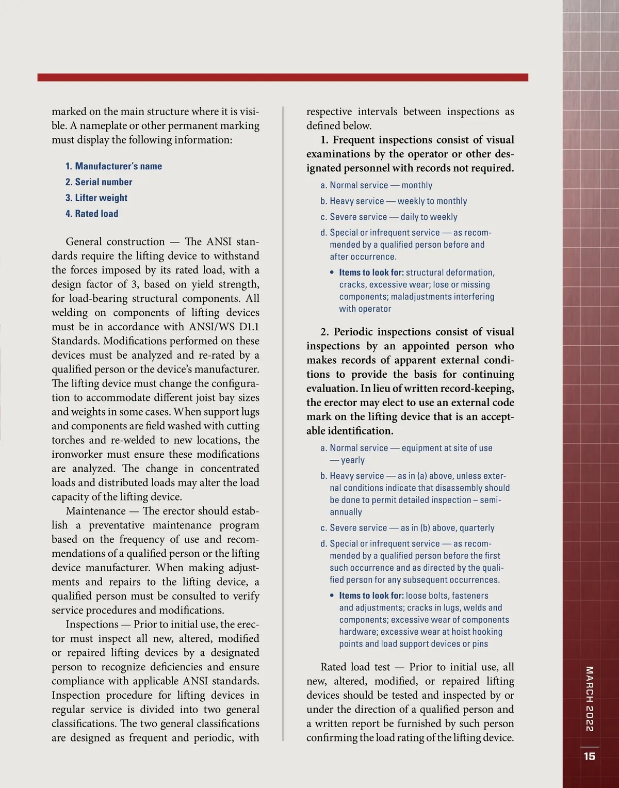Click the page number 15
click(x=590, y=757)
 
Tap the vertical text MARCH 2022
click(x=590, y=699)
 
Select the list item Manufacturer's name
click(x=113, y=166)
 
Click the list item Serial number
click(x=99, y=182)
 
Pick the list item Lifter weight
click(x=96, y=198)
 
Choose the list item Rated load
click(x=91, y=214)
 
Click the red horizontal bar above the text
click(x=283, y=77)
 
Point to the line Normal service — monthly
click(x=376, y=185)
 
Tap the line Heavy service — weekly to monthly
click(x=394, y=201)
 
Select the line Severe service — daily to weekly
click(x=388, y=217)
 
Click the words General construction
click(x=115, y=242)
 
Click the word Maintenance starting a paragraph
click(x=95, y=511)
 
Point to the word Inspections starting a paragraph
click(x=93, y=624)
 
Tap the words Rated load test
click(x=355, y=667)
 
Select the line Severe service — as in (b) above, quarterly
click(x=407, y=528)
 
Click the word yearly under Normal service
click(x=352, y=460)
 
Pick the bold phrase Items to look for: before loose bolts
click(x=371, y=596)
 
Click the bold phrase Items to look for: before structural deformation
click(x=371, y=272)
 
